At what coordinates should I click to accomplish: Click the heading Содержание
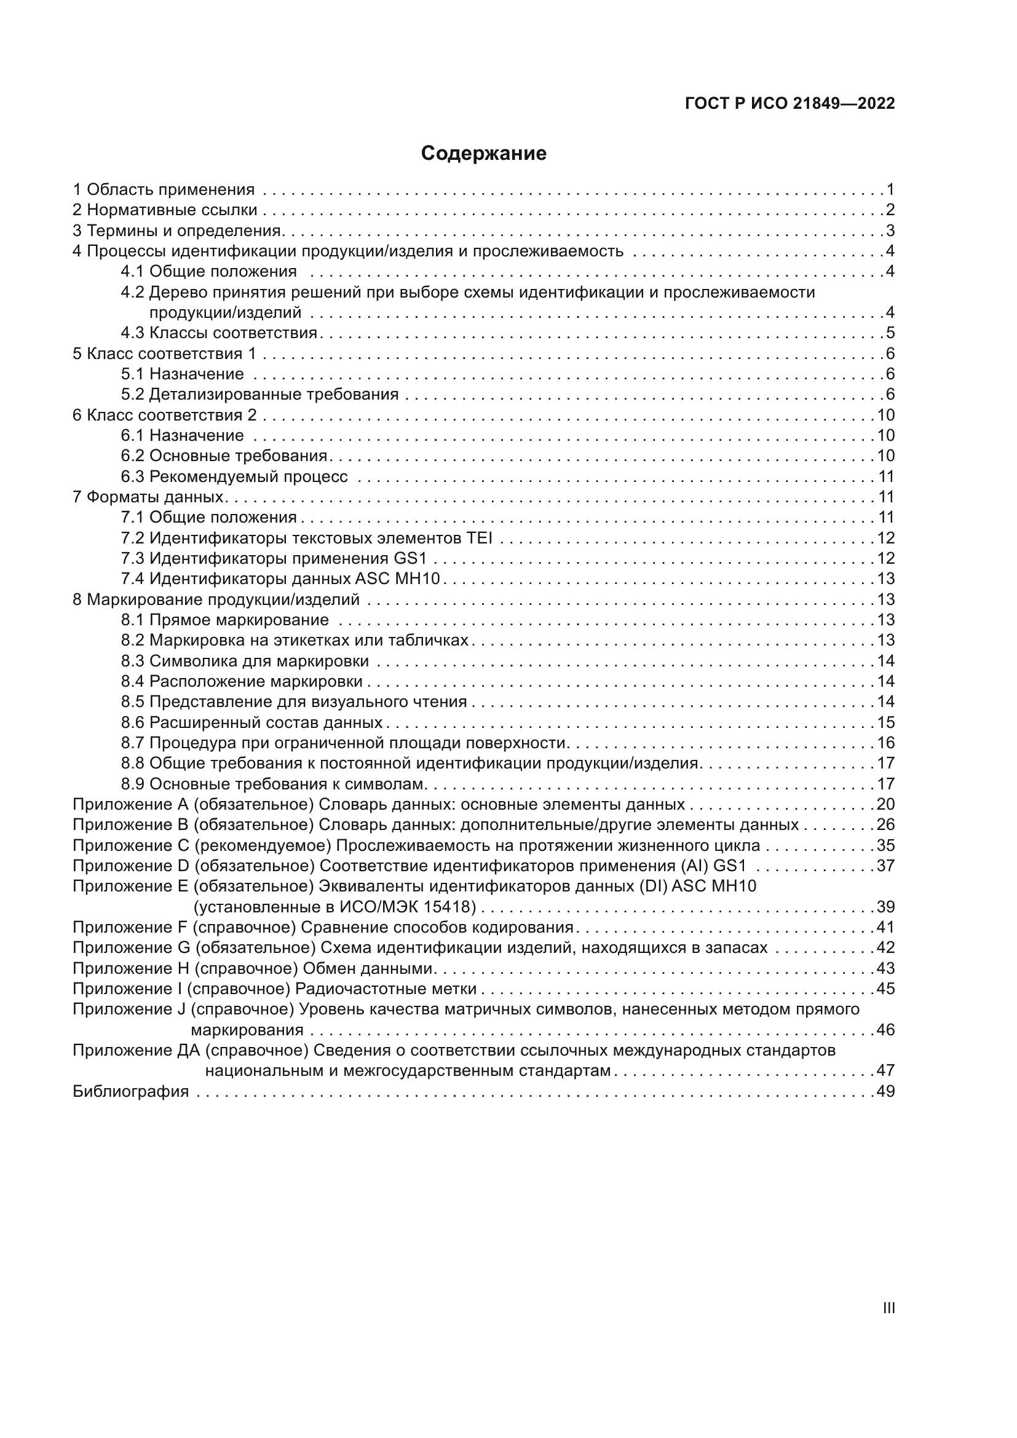483,154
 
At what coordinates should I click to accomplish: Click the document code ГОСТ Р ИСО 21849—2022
789,104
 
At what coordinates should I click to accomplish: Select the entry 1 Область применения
164,189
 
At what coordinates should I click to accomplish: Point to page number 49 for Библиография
885,1092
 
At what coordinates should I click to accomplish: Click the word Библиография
130,1092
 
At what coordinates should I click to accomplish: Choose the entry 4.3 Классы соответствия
219,333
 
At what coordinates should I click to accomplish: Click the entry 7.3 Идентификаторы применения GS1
274,558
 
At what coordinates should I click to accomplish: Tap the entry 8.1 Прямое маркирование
225,620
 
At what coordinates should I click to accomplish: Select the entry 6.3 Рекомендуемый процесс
234,476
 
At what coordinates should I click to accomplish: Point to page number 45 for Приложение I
885,989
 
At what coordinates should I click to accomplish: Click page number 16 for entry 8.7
885,743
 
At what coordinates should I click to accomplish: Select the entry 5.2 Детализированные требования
260,394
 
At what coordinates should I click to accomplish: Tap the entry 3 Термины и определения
177,231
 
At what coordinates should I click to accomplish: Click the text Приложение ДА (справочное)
191,1050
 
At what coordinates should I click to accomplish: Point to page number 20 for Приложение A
885,804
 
